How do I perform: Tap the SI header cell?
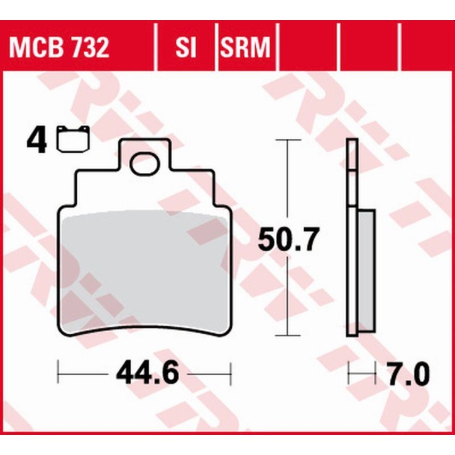tap(185, 47)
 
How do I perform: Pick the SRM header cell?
tap(244, 47)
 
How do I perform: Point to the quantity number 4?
tap(36, 142)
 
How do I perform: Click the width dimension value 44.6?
tap(146, 375)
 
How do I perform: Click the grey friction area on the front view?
tap(145, 270)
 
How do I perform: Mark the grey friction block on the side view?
tap(366, 270)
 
